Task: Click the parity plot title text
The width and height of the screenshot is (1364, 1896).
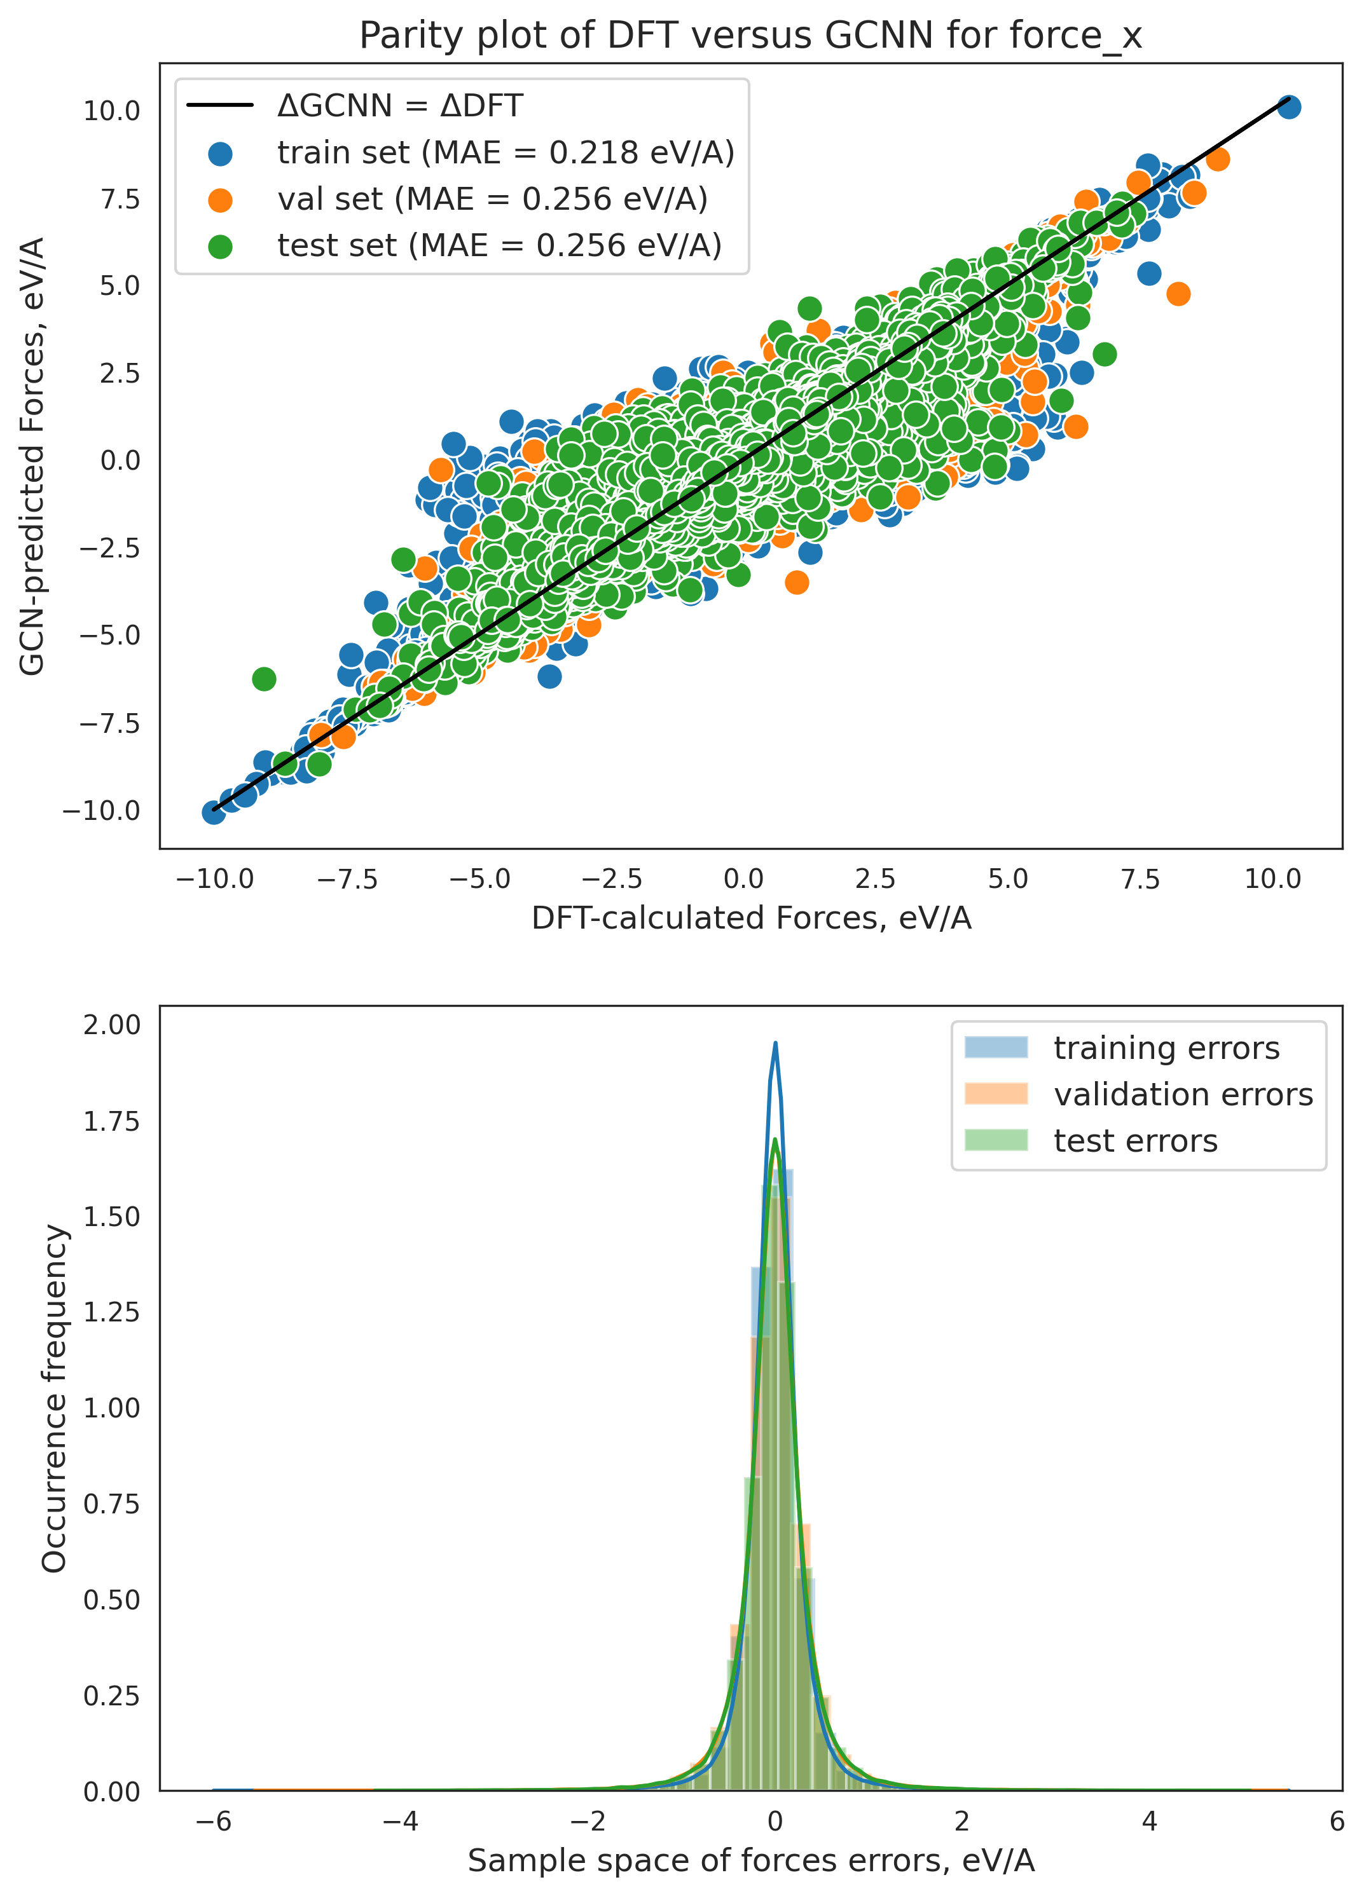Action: click(x=750, y=36)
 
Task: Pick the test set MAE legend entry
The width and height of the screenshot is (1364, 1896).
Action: click(x=499, y=245)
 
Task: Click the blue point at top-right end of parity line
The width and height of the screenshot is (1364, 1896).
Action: click(x=1289, y=107)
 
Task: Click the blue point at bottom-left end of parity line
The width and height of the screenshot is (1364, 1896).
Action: click(x=214, y=812)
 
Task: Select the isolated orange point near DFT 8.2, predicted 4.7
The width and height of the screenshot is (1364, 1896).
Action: click(x=1178, y=294)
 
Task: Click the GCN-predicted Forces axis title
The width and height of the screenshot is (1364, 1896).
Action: click(x=32, y=456)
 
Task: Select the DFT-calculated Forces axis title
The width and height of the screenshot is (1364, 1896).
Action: click(x=750, y=918)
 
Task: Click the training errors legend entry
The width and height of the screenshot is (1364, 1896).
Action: click(x=1165, y=1047)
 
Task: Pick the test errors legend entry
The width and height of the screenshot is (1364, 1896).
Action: click(x=1135, y=1141)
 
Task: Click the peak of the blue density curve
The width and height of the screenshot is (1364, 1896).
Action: click(x=775, y=1043)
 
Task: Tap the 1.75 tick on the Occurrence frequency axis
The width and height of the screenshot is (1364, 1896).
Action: click(x=111, y=1122)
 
